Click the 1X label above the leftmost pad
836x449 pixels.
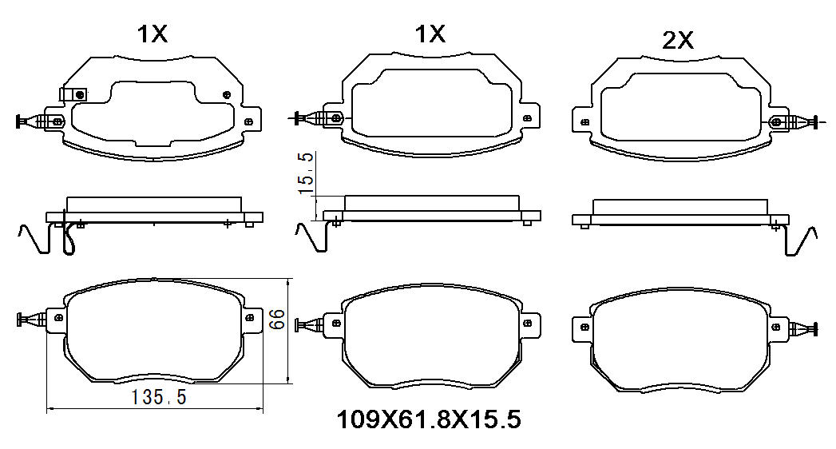coord(153,34)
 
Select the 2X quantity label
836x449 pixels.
coord(678,40)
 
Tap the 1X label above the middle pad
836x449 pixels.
coord(430,34)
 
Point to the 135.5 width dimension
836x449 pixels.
coord(159,397)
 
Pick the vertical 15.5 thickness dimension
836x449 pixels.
coord(306,173)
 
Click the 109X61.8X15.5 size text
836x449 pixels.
coord(429,420)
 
